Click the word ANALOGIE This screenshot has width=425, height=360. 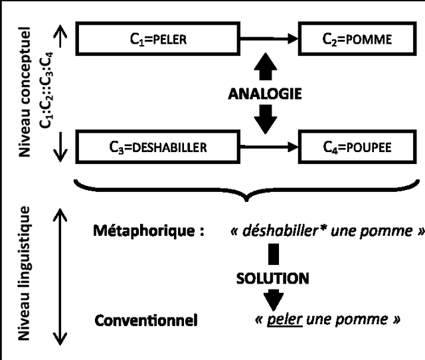click(264, 94)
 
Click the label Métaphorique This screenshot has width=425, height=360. click(145, 232)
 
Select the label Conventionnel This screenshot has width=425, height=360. click(146, 321)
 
